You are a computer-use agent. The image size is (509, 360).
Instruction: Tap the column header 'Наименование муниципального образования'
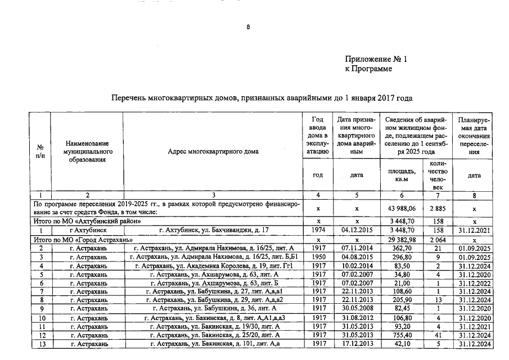click(x=87, y=151)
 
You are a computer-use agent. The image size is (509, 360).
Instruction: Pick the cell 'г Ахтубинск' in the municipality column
click(x=87, y=230)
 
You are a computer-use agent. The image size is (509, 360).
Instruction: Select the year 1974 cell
click(x=319, y=230)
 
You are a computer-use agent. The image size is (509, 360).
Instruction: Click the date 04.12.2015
click(x=357, y=230)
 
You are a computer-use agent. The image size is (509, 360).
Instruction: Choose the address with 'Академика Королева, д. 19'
click(x=213, y=265)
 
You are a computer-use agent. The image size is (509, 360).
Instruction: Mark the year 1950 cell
click(x=319, y=257)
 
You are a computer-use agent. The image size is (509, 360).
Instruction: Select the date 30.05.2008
click(x=357, y=309)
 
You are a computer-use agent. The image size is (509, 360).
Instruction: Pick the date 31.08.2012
click(x=357, y=318)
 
